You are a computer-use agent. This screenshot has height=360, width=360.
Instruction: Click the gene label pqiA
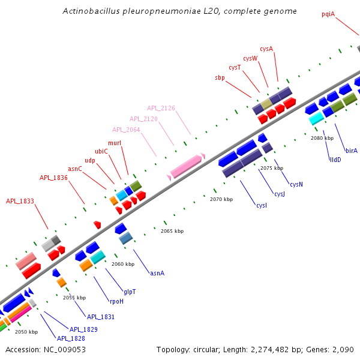point(328,13)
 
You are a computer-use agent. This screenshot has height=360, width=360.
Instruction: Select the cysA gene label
point(266,49)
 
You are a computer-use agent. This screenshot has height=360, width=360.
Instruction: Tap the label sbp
point(220,77)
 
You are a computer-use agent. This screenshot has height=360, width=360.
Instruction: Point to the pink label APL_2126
point(161,108)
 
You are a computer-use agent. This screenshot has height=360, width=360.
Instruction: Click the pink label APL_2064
point(126,130)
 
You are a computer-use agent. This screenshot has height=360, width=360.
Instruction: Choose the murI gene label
point(115,143)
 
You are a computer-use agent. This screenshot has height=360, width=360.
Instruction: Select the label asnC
point(75,169)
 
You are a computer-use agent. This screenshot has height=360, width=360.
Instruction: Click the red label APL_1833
point(20,201)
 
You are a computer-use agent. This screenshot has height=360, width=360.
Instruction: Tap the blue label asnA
point(157,273)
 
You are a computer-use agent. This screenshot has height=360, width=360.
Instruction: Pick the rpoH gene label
point(116,301)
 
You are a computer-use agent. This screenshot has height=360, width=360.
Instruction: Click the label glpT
point(130,292)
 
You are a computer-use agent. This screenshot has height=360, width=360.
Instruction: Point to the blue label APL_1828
point(71,338)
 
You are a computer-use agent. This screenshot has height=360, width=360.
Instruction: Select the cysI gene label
point(262,206)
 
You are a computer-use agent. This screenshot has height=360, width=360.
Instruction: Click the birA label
point(352,151)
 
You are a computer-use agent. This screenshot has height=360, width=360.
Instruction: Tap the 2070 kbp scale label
point(221,199)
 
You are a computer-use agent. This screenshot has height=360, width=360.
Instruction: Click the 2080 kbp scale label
point(322,138)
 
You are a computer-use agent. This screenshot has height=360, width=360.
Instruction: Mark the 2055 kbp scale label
point(74,298)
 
